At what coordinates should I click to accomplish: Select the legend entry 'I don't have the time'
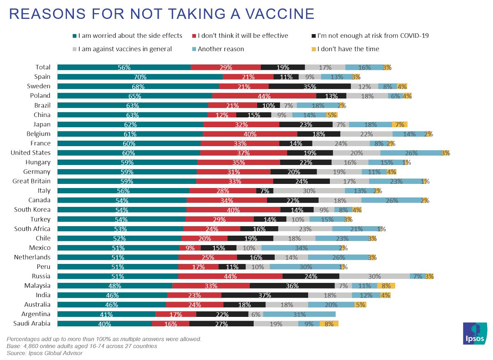[x=349, y=49]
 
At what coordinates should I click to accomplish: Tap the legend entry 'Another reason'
[x=221, y=49]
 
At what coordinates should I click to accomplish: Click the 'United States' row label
[x=30, y=153]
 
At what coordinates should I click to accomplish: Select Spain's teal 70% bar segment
[x=140, y=77]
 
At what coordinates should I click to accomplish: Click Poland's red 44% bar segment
[x=264, y=96]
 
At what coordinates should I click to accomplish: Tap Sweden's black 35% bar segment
[x=309, y=86]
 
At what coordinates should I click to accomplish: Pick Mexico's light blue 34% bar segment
[x=301, y=248]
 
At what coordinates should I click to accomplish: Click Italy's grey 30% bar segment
[x=309, y=190]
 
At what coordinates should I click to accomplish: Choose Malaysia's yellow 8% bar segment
[x=386, y=286]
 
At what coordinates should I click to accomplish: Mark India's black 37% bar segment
[x=265, y=295]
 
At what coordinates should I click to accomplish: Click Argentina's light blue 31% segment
[x=299, y=314]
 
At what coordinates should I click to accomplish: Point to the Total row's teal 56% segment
[x=124, y=67]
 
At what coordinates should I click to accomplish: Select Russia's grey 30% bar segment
[x=374, y=276]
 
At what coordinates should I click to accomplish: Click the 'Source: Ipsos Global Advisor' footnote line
[x=45, y=353]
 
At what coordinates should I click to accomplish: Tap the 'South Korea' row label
[x=32, y=210]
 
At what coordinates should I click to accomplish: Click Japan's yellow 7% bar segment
[x=399, y=124]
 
